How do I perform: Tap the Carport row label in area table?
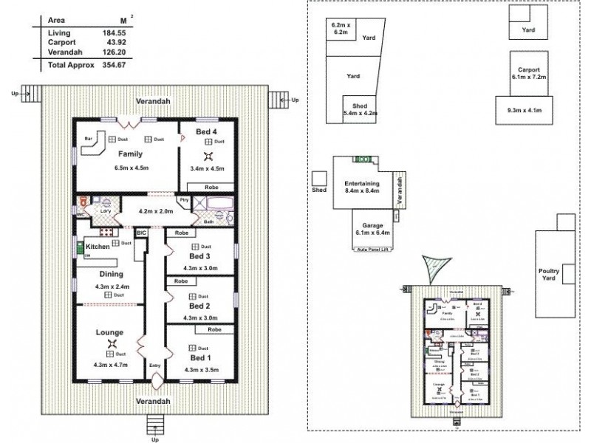coord(62,43)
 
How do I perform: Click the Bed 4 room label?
coord(206,131)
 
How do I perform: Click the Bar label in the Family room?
coord(88,137)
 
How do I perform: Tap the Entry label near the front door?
coord(155,365)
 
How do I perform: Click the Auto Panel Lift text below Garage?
coord(372,251)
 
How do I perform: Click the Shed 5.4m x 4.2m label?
coord(361,110)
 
